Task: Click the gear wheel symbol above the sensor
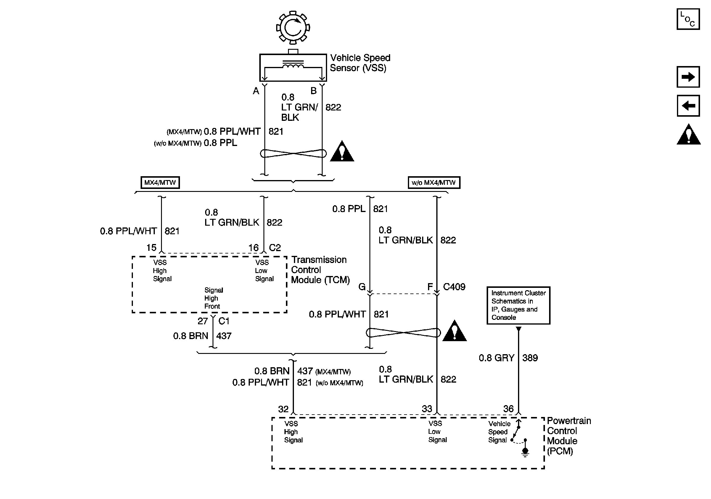coord(293,28)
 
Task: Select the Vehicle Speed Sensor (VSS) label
coord(360,63)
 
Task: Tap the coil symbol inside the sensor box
coord(293,66)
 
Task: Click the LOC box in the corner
coord(688,19)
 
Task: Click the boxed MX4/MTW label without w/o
coord(160,182)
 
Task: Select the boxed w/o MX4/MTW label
coord(434,182)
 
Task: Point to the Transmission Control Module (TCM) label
coord(320,270)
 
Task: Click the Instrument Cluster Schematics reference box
coord(518,305)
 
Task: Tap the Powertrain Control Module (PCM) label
coord(569,436)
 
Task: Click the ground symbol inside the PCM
coord(525,452)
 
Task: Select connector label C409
coord(454,287)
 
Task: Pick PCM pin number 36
coord(508,409)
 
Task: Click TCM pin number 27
coord(202,321)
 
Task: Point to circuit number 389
coord(530,358)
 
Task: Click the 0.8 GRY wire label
coord(496,358)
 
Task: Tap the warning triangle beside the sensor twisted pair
coord(342,152)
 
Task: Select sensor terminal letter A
coord(256,91)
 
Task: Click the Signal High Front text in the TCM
coord(213,298)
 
